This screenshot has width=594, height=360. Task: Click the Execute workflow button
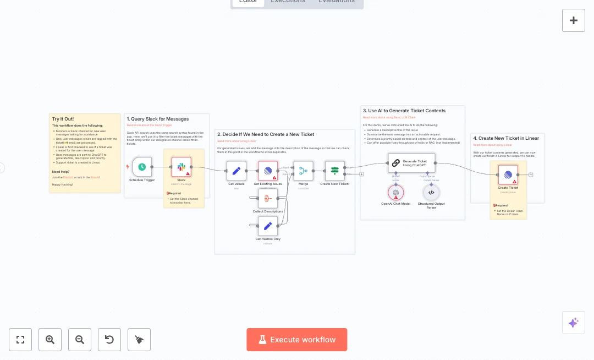pyautogui.click(x=297, y=340)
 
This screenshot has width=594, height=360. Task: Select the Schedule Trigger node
pyautogui.click(x=142, y=167)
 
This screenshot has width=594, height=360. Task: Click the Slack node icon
pyautogui.click(x=181, y=167)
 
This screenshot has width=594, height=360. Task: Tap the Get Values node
pyautogui.click(x=237, y=171)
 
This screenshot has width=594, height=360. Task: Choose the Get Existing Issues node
pyautogui.click(x=268, y=171)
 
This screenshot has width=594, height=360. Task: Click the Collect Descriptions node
pyautogui.click(x=268, y=198)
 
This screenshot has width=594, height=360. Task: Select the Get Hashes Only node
pyautogui.click(x=268, y=226)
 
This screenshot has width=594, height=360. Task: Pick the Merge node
pyautogui.click(x=303, y=171)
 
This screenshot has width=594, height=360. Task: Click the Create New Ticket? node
pyautogui.click(x=334, y=171)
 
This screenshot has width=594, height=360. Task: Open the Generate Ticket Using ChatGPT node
pyautogui.click(x=411, y=162)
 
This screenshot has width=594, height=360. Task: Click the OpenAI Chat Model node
pyautogui.click(x=395, y=192)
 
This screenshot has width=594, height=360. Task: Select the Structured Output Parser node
pyautogui.click(x=431, y=192)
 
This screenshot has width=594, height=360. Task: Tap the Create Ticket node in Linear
pyautogui.click(x=508, y=175)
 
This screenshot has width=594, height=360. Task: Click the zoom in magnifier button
pyautogui.click(x=50, y=340)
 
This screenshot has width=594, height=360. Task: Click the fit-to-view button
pyautogui.click(x=20, y=340)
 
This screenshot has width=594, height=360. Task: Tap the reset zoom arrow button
pyautogui.click(x=109, y=340)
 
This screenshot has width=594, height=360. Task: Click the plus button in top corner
pyautogui.click(x=573, y=20)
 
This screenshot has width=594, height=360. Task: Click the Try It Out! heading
pyautogui.click(x=63, y=119)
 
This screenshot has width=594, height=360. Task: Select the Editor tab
pyautogui.click(x=248, y=2)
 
